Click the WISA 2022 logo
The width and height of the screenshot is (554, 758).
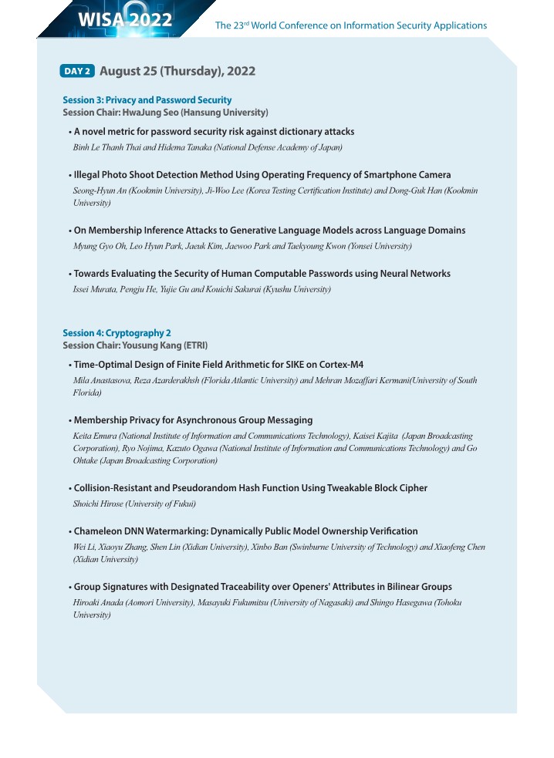124,19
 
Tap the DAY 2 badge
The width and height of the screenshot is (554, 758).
77,72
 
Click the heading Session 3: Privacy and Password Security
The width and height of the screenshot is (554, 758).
147,100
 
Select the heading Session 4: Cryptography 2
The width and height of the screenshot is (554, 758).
117,333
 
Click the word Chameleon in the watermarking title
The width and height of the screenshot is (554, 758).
98,531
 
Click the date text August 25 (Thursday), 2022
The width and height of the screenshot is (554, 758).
177,72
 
